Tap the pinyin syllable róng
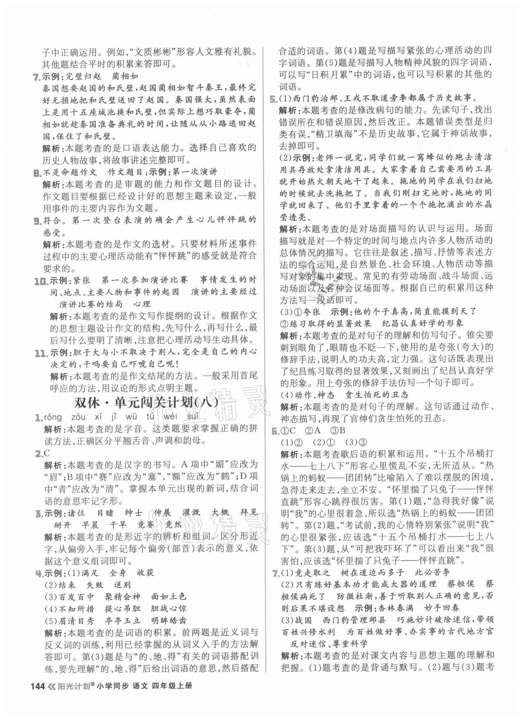[52, 417]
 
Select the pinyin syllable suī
[192, 417]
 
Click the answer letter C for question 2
[47, 453]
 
